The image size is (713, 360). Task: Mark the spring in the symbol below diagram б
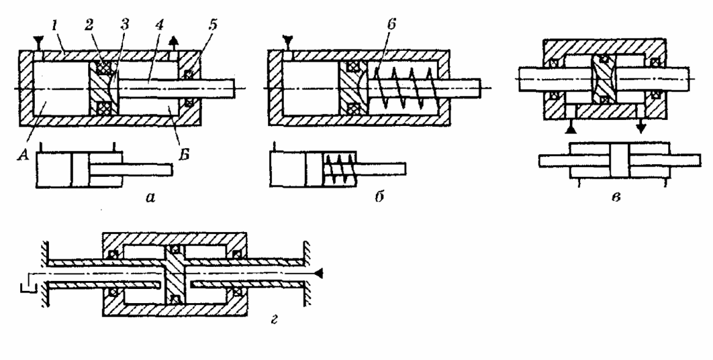pos(332,165)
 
